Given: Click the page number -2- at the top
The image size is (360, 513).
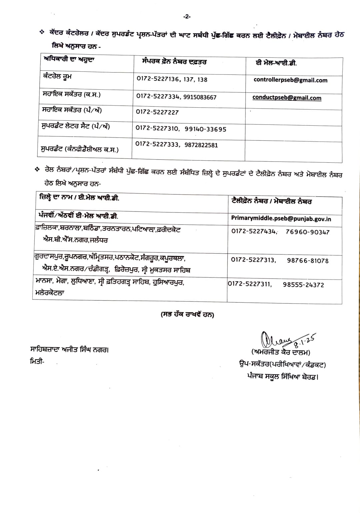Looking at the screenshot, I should [187, 16].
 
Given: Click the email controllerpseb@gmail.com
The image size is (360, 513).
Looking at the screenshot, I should [290, 80].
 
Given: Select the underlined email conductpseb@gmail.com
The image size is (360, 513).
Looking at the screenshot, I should [287, 98].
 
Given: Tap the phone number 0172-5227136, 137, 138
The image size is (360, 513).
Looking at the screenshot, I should [172, 79].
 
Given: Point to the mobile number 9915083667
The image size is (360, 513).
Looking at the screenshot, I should [200, 97].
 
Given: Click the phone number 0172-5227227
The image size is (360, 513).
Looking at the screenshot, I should [157, 112].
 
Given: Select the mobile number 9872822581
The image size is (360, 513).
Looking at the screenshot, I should [201, 145].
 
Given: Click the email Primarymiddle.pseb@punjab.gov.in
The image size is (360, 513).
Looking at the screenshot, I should [281, 219].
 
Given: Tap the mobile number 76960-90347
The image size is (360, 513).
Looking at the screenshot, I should [307, 232].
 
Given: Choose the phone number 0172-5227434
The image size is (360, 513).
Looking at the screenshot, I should [254, 231].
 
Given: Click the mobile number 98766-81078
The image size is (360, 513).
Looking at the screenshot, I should [308, 261].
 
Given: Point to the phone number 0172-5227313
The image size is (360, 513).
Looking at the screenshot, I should [253, 260].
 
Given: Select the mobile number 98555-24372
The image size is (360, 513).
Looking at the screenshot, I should [303, 285].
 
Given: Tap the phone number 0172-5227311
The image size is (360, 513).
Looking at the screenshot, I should [250, 284].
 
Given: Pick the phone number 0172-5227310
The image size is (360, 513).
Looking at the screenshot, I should [157, 128].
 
